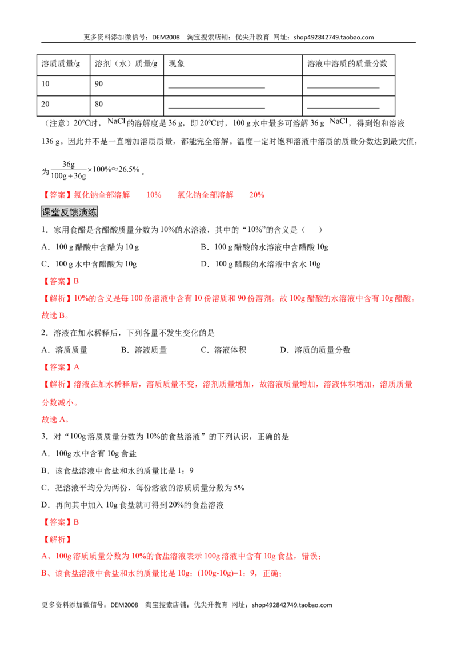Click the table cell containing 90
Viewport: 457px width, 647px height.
click(127, 86)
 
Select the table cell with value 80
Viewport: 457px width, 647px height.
click(127, 106)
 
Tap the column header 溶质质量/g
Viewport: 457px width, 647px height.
click(63, 65)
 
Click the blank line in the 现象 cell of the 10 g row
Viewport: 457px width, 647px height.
click(217, 87)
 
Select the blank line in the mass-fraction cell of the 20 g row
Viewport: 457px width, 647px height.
click(343, 108)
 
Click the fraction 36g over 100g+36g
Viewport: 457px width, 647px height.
click(69, 170)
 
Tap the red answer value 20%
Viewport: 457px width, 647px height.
click(257, 195)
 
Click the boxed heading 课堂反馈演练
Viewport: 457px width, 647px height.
click(69, 212)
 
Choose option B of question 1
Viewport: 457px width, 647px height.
click(264, 247)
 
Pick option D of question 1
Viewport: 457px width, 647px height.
click(260, 264)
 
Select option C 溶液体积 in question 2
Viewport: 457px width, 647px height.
click(223, 350)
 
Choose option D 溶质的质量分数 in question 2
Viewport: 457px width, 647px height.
click(315, 350)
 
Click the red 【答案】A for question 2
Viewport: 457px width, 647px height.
click(61, 367)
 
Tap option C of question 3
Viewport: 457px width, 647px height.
click(143, 488)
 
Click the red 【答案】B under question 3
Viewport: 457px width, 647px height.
click(60, 522)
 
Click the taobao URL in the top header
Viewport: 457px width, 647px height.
click(334, 37)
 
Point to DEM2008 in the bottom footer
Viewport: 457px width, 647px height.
click(124, 605)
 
